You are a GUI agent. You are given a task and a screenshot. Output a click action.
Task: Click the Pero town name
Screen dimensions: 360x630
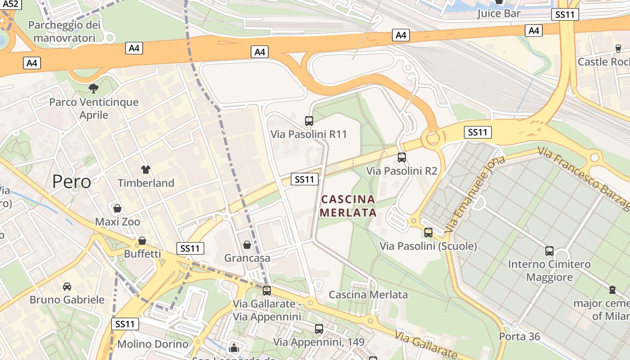(x=72, y=182)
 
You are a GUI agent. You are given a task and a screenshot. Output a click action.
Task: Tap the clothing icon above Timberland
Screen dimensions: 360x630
(x=146, y=170)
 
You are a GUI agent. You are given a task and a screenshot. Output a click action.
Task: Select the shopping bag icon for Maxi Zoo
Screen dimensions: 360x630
(x=117, y=208)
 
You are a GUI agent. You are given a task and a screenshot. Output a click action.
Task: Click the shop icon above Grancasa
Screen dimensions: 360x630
(x=247, y=245)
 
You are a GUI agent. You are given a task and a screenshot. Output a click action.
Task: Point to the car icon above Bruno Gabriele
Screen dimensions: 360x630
(x=67, y=286)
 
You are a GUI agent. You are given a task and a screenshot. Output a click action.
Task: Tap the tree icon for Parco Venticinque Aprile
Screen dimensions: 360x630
(x=94, y=88)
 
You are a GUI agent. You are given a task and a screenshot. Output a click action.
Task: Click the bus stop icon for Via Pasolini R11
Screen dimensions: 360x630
(x=309, y=121)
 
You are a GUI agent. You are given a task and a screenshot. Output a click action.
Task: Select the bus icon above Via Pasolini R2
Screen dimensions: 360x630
(x=402, y=157)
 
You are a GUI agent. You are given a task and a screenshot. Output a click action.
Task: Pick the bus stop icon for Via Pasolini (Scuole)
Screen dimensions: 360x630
(x=428, y=233)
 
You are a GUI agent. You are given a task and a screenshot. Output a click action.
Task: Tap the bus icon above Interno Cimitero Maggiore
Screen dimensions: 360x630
(x=549, y=251)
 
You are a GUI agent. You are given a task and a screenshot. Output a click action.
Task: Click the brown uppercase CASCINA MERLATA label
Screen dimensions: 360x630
(x=348, y=206)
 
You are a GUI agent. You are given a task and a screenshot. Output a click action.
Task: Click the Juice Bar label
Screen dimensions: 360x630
(x=499, y=13)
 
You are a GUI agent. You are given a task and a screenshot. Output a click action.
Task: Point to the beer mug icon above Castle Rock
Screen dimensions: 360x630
(x=618, y=48)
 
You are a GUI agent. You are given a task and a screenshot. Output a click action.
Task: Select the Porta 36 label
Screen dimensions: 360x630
(x=519, y=336)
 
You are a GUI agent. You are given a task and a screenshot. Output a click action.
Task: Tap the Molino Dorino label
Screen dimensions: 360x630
(x=153, y=344)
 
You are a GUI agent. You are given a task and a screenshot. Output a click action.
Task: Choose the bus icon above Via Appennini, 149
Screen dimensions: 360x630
(x=319, y=329)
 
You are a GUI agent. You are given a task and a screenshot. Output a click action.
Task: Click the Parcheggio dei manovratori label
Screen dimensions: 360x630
(x=64, y=31)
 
